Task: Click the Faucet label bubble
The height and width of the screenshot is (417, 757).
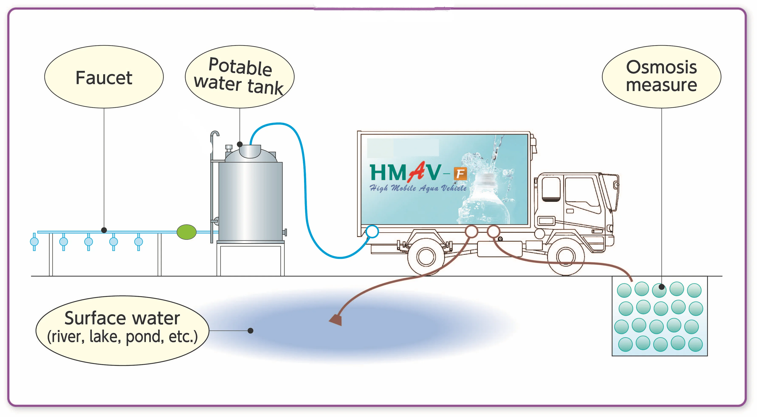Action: click(x=104, y=77)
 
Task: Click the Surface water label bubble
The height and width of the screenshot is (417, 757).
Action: click(x=122, y=330)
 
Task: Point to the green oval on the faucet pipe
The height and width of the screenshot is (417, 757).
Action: click(x=186, y=232)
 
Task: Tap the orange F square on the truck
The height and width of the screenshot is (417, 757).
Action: click(x=460, y=174)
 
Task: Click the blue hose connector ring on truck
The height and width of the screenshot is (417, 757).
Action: click(x=372, y=231)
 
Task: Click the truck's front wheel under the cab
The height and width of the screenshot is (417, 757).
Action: click(x=566, y=256)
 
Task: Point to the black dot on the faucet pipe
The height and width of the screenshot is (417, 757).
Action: click(x=104, y=230)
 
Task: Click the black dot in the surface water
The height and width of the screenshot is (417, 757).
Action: click(x=250, y=331)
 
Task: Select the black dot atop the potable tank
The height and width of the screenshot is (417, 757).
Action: click(x=240, y=144)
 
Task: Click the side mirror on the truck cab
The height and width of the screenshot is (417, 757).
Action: click(x=616, y=185)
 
